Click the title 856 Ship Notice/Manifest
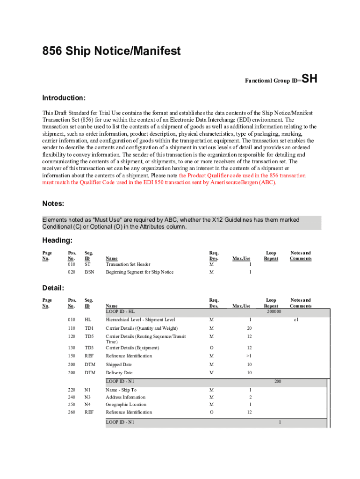tap(111, 51)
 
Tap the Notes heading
tap(53, 203)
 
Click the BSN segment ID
tap(89, 272)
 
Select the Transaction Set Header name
tap(128, 264)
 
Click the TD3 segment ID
tap(89, 348)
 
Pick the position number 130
tap(71, 348)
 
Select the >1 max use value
tap(250, 356)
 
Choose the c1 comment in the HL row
tap(296, 319)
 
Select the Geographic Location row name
tap(126, 404)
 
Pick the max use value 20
tap(250, 328)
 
